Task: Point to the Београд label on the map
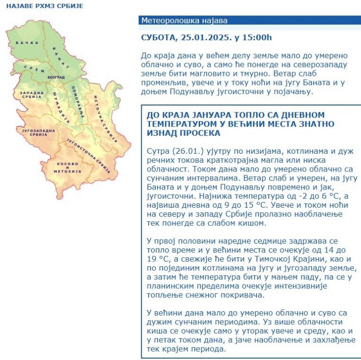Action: point(55,76)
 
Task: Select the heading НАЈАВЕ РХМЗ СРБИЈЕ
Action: point(38,6)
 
